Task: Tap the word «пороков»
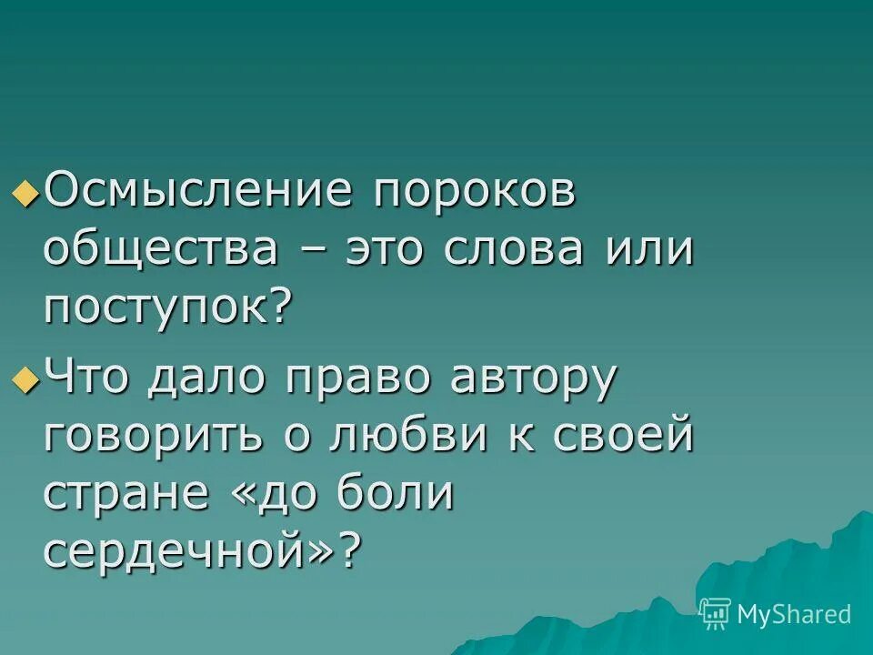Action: [x=475, y=192]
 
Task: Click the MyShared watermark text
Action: [x=794, y=614]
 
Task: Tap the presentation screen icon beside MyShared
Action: [x=716, y=614]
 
